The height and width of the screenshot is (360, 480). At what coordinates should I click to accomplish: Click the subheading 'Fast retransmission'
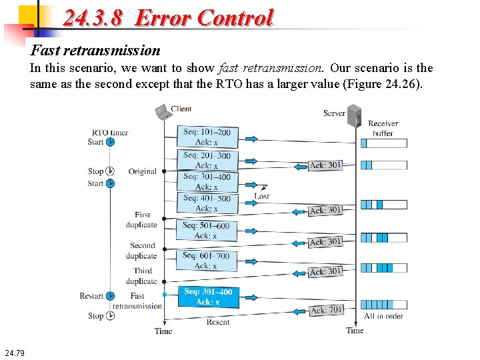[x=96, y=50]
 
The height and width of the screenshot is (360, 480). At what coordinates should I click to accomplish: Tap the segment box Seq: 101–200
[x=207, y=137]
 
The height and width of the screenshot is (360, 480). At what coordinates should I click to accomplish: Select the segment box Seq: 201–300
[x=207, y=160]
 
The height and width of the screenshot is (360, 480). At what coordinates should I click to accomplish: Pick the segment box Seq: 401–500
[x=207, y=203]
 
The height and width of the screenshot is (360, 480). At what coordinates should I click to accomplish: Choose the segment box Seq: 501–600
[x=207, y=231]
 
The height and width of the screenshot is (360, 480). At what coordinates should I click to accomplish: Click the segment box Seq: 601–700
[x=207, y=261]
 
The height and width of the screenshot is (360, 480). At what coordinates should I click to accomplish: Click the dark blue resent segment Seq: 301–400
[x=208, y=297]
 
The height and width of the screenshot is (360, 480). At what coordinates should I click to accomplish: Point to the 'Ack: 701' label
[x=327, y=310]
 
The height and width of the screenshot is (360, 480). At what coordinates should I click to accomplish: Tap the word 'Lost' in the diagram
[x=262, y=197]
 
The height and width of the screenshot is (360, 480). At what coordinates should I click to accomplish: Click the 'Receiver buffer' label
[x=383, y=128]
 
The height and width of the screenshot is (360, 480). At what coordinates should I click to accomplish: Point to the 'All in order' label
[x=383, y=316]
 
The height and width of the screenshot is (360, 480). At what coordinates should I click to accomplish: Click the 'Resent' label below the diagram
[x=217, y=323]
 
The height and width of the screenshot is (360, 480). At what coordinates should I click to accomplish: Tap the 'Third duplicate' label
[x=143, y=276]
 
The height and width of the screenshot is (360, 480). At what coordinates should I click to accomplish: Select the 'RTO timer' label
[x=110, y=132]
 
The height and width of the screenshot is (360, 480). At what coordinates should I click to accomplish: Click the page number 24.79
[x=13, y=353]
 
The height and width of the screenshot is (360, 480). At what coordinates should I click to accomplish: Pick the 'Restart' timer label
[x=92, y=296]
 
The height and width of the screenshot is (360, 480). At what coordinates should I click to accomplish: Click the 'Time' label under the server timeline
[x=355, y=331]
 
